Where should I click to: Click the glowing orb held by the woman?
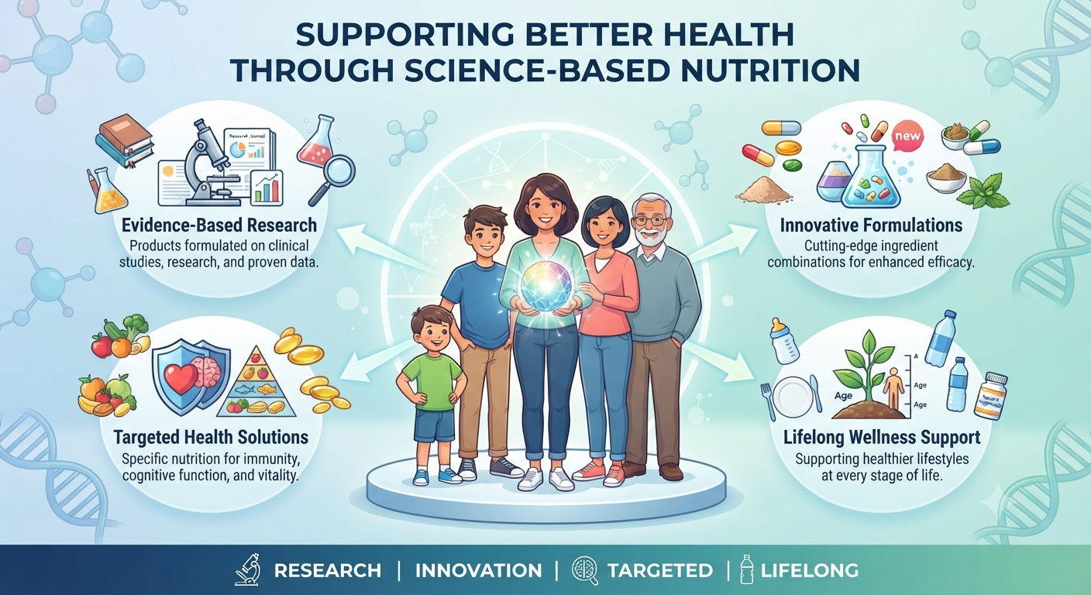click(548, 286)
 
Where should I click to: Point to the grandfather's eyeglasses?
click(651, 222)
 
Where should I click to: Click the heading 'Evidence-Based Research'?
click(219, 225)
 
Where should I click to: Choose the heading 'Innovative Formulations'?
click(872, 225)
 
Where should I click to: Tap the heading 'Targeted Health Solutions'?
click(211, 437)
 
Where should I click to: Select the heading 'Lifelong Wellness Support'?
click(882, 437)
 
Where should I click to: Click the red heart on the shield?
click(181, 378)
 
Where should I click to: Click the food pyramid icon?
click(256, 381)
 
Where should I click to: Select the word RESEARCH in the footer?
click(327, 570)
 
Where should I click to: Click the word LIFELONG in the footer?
click(809, 570)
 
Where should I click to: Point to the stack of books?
click(126, 140)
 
